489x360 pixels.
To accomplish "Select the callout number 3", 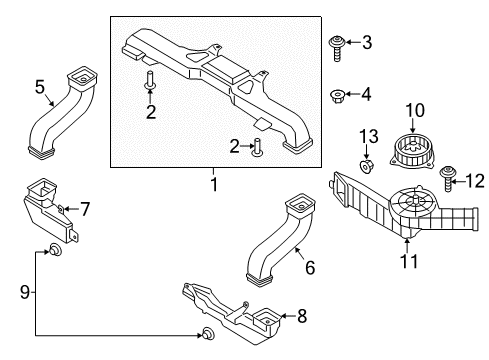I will [x=366, y=43].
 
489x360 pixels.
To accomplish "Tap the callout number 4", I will [x=366, y=95].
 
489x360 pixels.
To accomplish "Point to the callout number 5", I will [x=39, y=88].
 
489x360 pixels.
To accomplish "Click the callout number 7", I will [x=85, y=209].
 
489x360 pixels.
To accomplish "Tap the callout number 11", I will [x=406, y=264].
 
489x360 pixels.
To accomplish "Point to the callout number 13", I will [x=366, y=136].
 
